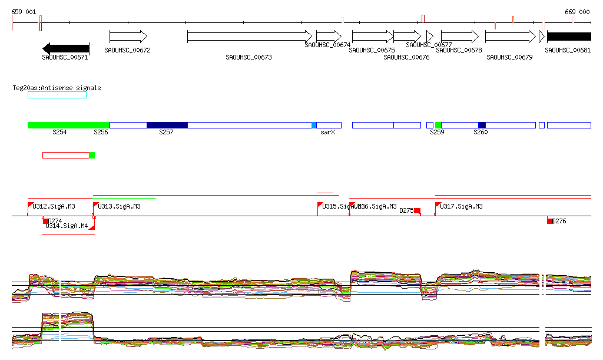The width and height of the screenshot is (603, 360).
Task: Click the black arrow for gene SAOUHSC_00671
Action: click(x=65, y=48)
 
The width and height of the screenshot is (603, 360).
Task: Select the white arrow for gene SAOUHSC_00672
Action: click(x=128, y=37)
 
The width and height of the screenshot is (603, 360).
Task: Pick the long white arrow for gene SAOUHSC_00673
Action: click(x=249, y=37)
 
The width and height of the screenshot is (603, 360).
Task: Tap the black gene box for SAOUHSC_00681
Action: click(x=568, y=37)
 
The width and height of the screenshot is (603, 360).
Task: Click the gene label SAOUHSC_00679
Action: click(x=509, y=57)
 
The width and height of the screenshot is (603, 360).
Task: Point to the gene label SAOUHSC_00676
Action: click(x=406, y=57)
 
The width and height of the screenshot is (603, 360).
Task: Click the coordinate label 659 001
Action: click(x=24, y=12)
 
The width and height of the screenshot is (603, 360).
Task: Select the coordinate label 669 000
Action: click(x=577, y=12)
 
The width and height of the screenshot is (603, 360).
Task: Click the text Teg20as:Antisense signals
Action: click(x=57, y=88)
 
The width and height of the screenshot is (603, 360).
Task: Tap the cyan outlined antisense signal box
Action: click(x=57, y=95)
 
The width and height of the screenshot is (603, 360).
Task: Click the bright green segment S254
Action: click(x=68, y=125)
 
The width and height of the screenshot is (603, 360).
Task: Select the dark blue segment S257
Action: click(x=167, y=125)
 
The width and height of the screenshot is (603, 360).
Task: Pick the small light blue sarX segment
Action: click(x=314, y=125)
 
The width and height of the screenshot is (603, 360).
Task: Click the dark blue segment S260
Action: click(x=482, y=125)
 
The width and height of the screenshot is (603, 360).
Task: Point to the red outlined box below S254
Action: click(x=65, y=155)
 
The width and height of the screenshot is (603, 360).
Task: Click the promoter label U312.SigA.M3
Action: click(x=54, y=206)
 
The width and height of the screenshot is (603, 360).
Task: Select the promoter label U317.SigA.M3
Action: click(x=461, y=206)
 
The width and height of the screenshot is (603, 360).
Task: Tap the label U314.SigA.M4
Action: click(x=67, y=226)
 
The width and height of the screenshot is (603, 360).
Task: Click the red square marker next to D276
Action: click(x=550, y=221)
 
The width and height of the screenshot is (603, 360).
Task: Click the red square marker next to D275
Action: click(x=417, y=210)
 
